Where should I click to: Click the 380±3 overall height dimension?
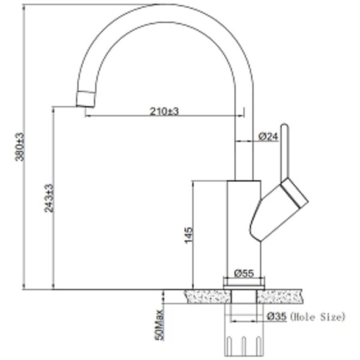[x=20, y=147]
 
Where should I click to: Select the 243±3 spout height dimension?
[x=49, y=198]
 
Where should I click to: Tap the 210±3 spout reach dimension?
[x=164, y=112]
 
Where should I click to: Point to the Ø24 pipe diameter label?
[x=268, y=137]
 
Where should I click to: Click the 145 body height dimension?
[x=189, y=235]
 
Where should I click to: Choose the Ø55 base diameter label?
[x=244, y=273]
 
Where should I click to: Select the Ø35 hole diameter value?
[x=277, y=317]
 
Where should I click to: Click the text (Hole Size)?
[x=317, y=317]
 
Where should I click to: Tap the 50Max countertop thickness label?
[x=160, y=325]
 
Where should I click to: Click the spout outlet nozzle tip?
[x=85, y=99]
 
